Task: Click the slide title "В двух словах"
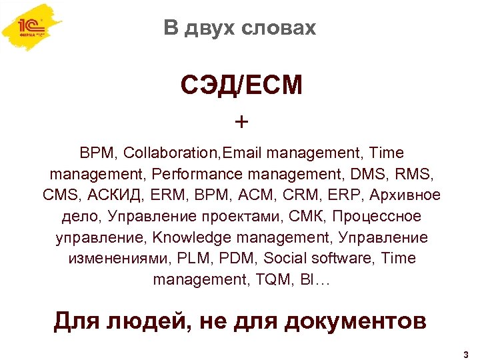pos(239,28)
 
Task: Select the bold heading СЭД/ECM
pos(241,85)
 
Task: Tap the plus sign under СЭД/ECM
pos(241,122)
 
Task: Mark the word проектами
pos(249,216)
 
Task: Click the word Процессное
pos(377,216)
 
